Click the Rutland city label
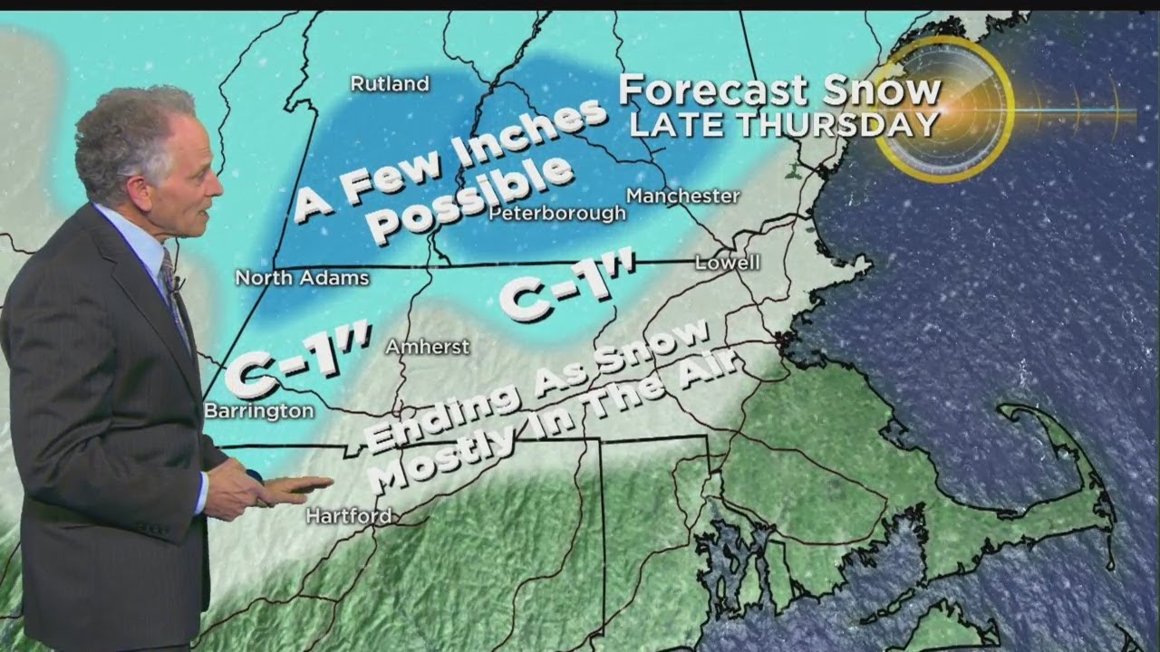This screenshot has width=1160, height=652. [390, 84]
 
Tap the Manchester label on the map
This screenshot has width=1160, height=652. [683, 196]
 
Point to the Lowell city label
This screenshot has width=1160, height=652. [727, 263]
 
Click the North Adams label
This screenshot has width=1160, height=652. [303, 278]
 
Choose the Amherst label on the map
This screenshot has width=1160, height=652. [428, 347]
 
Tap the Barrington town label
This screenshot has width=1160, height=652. [259, 411]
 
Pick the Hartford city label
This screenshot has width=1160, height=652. [349, 516]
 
